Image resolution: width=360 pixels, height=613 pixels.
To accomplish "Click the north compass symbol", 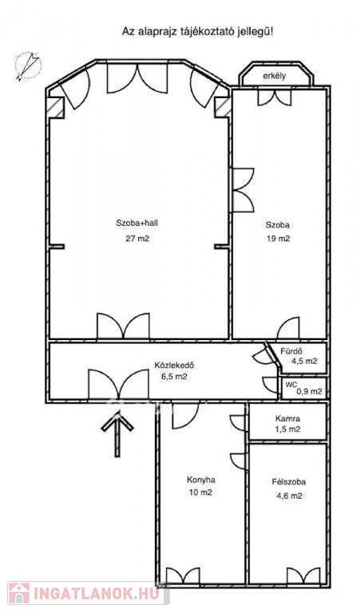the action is [28, 66].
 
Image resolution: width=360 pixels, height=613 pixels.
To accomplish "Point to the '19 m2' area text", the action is [278, 239].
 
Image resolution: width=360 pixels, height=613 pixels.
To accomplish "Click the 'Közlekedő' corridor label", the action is [174, 366].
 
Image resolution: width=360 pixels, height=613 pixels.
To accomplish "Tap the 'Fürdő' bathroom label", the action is [292, 351].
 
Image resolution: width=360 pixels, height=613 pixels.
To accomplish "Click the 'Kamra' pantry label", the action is [287, 419].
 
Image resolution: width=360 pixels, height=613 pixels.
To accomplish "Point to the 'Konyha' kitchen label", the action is [201, 480].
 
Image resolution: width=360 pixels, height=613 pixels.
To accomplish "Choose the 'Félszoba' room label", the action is [289, 482].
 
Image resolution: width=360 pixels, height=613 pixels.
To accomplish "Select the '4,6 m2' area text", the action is [289, 496].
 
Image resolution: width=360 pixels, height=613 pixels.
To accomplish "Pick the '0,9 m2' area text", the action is [309, 391].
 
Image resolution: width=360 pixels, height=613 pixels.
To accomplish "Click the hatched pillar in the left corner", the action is [56, 107].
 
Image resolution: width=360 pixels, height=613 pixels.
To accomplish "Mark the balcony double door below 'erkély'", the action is [275, 97].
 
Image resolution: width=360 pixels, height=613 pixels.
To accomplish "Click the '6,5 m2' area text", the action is [174, 378].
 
